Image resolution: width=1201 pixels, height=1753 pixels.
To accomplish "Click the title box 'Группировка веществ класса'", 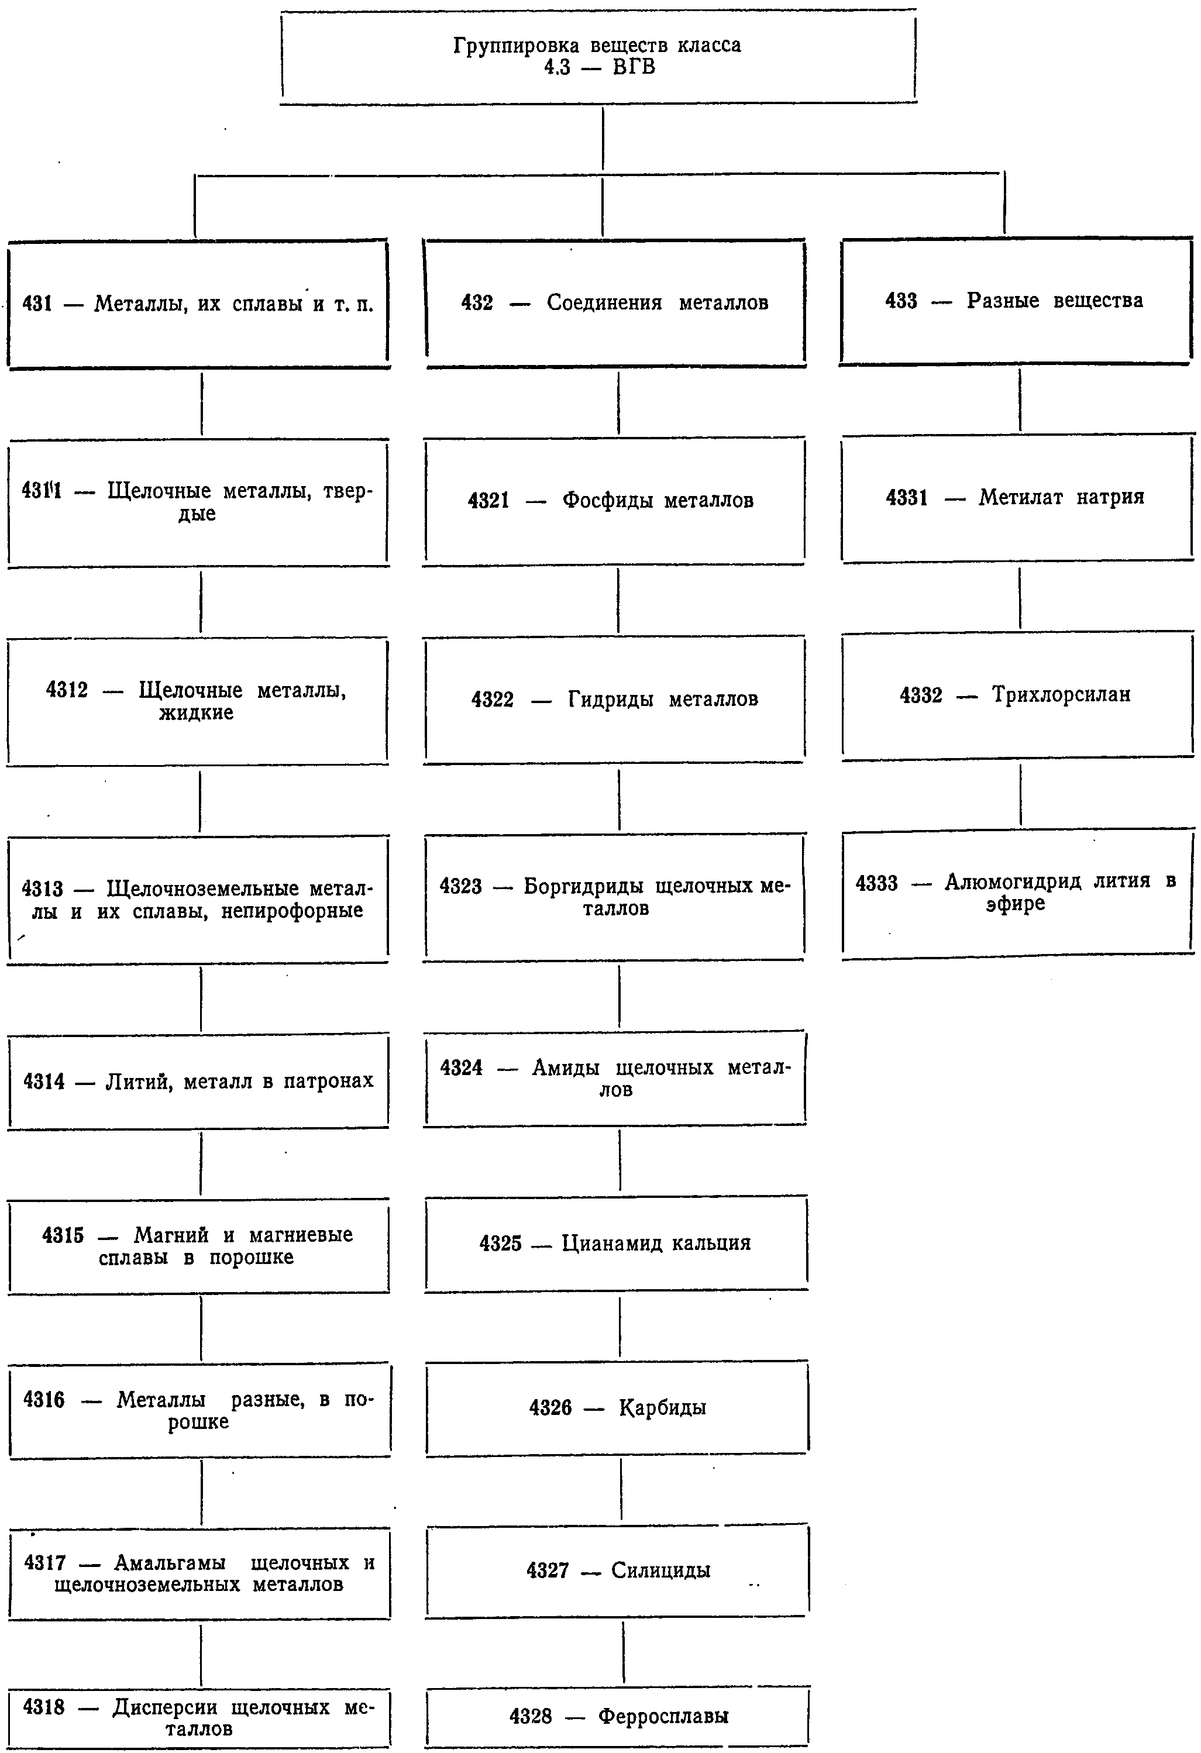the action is (x=598, y=57).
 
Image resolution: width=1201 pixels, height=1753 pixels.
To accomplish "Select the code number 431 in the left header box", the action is (x=37, y=304).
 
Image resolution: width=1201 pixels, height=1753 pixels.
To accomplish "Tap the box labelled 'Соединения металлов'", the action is (x=615, y=303).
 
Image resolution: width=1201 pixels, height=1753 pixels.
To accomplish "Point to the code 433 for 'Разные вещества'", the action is (x=901, y=301).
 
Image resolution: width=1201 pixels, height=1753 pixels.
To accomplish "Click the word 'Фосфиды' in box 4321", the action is (x=607, y=501).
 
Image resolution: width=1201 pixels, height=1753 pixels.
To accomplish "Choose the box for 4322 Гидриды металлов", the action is (x=614, y=700).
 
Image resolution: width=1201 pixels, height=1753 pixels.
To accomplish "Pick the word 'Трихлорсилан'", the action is (x=1061, y=695).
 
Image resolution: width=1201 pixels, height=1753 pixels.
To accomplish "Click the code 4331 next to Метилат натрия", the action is (x=907, y=498).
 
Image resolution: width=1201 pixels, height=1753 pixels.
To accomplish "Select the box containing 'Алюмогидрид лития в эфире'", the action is (x=1018, y=893).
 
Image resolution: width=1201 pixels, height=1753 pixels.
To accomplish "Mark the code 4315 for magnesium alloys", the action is (x=63, y=1235).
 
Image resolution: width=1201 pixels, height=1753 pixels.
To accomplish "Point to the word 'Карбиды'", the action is (x=662, y=1407).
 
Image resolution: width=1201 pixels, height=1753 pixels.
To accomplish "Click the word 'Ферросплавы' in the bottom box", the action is (x=663, y=1717).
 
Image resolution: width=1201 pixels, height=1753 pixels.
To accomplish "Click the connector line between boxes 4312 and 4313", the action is (x=200, y=801).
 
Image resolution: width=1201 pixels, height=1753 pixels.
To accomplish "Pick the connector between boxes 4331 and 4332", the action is (x=1020, y=597).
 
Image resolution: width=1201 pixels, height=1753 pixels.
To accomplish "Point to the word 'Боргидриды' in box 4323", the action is (x=583, y=886).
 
